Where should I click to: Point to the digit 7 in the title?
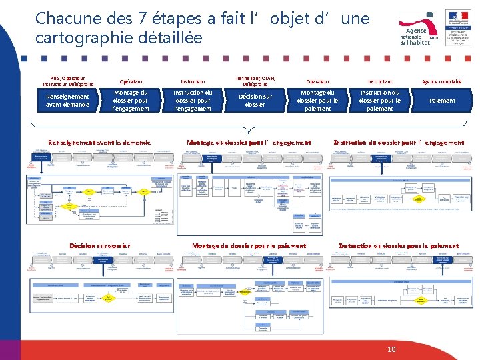click(151, 18)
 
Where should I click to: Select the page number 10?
click(391, 349)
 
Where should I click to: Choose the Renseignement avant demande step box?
click(67, 100)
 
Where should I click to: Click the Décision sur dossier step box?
click(255, 100)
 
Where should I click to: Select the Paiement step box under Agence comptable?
click(442, 100)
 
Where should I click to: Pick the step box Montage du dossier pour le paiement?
click(317, 100)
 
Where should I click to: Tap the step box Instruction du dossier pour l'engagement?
click(193, 100)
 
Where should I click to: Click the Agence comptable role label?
click(442, 81)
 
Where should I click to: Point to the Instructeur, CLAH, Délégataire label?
click(255, 81)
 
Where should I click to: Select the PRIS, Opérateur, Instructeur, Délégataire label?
click(67, 81)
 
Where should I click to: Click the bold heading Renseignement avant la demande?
click(99, 142)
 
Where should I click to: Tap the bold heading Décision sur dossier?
click(100, 245)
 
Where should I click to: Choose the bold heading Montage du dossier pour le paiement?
click(249, 245)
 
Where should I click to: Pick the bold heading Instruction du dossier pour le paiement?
click(399, 245)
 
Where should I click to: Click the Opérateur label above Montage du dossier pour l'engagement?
click(130, 81)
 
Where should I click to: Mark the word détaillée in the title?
click(170, 37)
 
